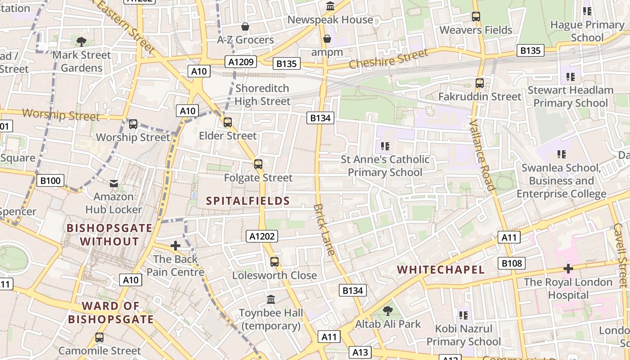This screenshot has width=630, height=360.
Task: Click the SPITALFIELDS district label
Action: [248, 201]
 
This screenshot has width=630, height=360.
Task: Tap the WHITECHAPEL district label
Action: [441, 270]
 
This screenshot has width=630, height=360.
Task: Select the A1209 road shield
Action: [241, 62]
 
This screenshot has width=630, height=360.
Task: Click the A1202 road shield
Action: [262, 236]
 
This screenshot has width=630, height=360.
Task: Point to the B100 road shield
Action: [50, 181]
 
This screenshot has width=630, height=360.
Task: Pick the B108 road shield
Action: [512, 263]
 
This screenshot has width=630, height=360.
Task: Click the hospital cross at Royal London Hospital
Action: [568, 269]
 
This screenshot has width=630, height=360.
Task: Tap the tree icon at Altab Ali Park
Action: [387, 310]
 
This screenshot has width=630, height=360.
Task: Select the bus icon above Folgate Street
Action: [258, 164]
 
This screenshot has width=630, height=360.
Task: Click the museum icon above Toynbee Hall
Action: [271, 299]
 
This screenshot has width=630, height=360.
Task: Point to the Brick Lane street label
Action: [324, 229]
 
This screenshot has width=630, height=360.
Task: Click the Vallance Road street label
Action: [481, 155]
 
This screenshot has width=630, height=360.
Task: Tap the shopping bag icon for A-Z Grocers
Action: [245, 27]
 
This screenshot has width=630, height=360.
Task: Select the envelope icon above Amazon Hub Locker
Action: [114, 184]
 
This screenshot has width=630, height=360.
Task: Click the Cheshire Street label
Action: [388, 59]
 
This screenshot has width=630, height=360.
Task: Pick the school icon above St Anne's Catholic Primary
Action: [385, 146]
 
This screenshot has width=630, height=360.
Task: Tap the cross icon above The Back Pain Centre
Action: [175, 246]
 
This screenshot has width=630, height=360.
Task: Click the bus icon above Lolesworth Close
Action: [274, 262]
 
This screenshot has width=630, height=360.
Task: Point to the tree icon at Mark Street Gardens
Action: [81, 42]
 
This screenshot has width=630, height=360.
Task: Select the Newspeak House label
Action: [330, 20]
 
